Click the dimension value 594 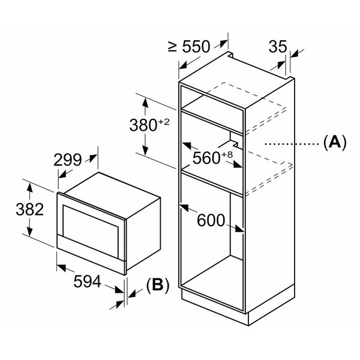point(87,281)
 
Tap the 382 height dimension point(30,209)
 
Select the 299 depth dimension point(67,160)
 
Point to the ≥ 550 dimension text point(189,47)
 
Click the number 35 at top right point(278,47)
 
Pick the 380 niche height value point(143,125)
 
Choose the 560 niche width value point(206,158)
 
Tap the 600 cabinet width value point(211,220)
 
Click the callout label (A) point(335,143)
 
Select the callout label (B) point(158,286)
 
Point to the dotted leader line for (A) point(292,144)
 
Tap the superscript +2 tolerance point(164,122)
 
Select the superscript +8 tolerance point(227,155)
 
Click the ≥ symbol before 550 point(172,46)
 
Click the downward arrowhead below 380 point(145,151)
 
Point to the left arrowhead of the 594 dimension point(61,267)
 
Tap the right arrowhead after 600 point(239,229)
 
